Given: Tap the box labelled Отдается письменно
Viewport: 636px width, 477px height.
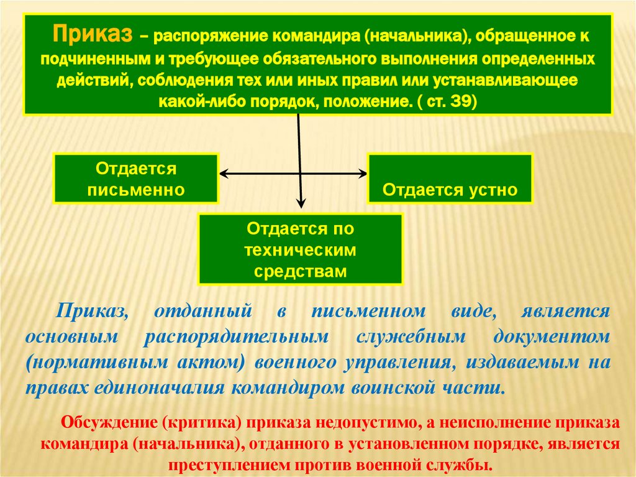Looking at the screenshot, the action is pyautogui.click(x=136, y=178).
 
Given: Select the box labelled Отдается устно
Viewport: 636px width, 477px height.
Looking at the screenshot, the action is pyautogui.click(x=450, y=179).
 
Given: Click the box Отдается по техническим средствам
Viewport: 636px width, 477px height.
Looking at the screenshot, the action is pyautogui.click(x=300, y=249).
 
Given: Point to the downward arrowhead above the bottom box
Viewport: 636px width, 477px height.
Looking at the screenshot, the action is pyautogui.click(x=301, y=203).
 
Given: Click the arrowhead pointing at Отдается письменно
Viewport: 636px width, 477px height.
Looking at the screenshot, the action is pyautogui.click(x=225, y=175).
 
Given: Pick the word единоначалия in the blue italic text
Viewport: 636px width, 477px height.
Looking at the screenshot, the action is pyautogui.click(x=161, y=388).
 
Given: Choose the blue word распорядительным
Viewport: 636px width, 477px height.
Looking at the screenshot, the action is pyautogui.click(x=237, y=336).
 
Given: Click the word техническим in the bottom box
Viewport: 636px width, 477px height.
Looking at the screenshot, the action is pyautogui.click(x=300, y=250).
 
